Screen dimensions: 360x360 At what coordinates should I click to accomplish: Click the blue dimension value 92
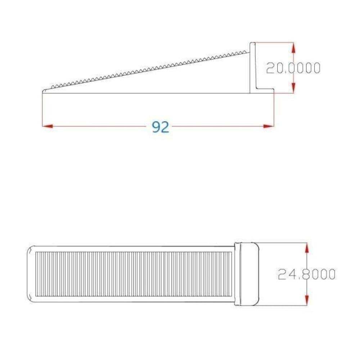(x=161, y=127)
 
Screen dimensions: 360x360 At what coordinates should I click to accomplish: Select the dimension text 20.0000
(x=293, y=68)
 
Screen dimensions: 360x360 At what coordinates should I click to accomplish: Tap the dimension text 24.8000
(x=307, y=274)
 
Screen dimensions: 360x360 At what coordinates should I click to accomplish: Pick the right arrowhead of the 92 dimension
(x=269, y=126)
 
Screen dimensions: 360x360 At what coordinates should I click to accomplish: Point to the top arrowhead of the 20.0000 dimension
(x=293, y=48)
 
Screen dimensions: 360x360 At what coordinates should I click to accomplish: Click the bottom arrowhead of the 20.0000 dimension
(x=293, y=87)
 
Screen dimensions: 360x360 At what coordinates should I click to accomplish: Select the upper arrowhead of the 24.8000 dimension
(x=307, y=248)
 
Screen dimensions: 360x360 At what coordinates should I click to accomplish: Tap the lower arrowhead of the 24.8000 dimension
(x=307, y=300)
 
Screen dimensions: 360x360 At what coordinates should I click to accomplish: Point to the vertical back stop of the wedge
(x=253, y=67)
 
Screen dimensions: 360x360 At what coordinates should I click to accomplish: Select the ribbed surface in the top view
(x=133, y=274)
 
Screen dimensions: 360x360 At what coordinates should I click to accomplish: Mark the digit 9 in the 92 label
(x=156, y=127)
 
